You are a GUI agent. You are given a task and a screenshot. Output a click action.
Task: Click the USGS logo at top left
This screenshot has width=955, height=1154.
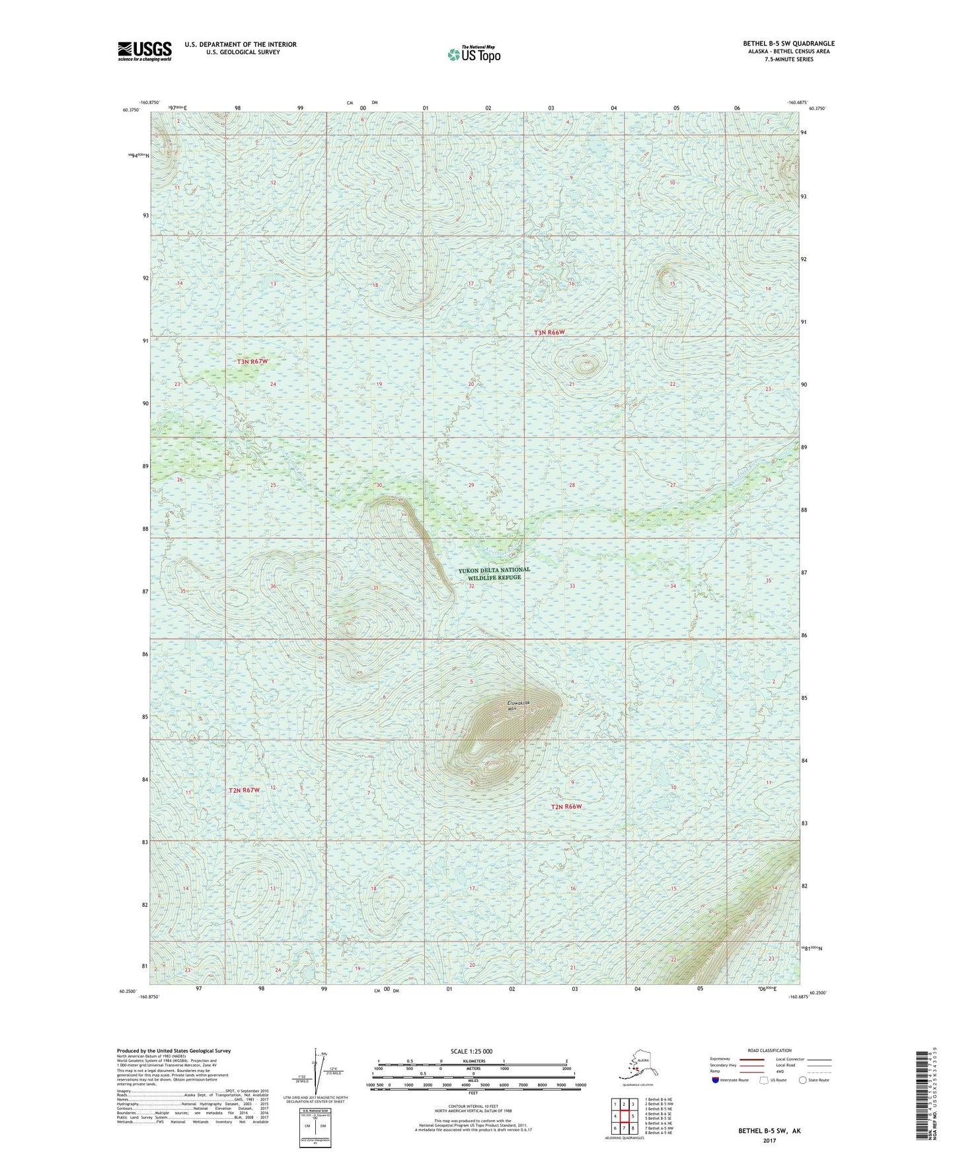(144, 51)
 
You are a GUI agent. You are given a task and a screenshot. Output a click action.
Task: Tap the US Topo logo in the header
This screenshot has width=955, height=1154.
(473, 54)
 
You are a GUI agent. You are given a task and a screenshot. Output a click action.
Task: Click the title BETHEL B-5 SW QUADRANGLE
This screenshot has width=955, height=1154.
(788, 44)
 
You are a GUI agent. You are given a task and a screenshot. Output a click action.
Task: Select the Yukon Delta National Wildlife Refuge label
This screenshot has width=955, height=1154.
(494, 573)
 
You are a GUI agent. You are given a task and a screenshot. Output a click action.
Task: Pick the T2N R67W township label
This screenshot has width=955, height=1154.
(244, 790)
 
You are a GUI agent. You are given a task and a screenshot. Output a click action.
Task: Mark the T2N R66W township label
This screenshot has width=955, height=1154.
(567, 806)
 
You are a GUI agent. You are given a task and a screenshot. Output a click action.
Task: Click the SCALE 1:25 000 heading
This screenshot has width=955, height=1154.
(471, 1051)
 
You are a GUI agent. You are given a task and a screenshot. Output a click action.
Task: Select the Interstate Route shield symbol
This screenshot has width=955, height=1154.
(715, 1080)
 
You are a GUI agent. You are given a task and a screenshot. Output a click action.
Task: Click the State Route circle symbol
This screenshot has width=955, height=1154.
(802, 1080)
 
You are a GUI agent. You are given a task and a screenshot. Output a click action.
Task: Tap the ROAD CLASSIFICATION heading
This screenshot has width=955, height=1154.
(769, 1050)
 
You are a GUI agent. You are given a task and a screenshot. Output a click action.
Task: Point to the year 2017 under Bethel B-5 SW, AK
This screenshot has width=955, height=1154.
(769, 1140)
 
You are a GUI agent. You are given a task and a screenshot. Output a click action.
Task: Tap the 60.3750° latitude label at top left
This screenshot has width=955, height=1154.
(131, 110)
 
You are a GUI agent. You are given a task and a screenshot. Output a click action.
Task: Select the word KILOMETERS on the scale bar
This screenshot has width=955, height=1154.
(472, 1061)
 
